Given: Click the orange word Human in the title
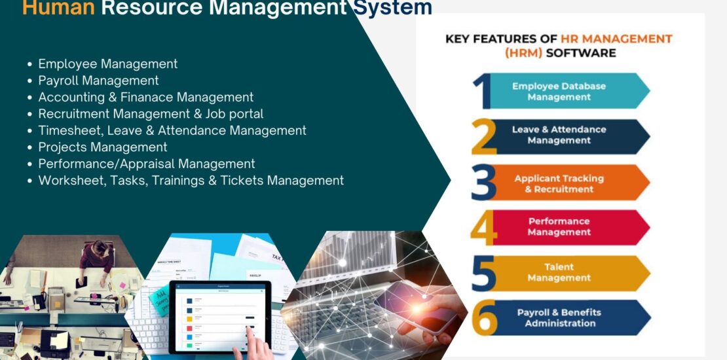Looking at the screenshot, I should pyautogui.click(x=58, y=8).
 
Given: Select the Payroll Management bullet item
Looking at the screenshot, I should pyautogui.click(x=98, y=81).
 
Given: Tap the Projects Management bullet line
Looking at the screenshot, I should pyautogui.click(x=103, y=147).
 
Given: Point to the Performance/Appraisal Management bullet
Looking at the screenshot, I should pyautogui.click(x=147, y=164).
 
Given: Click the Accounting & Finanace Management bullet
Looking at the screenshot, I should pyautogui.click(x=145, y=98).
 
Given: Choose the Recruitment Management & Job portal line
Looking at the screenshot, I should pyautogui.click(x=151, y=114).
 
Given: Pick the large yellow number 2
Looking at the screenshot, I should pyautogui.click(x=484, y=137).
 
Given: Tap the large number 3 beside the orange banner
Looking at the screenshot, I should pyautogui.click(x=483, y=183).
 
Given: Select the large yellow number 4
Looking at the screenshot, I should pyautogui.click(x=483, y=228).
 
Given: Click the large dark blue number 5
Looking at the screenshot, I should pyautogui.click(x=483, y=274).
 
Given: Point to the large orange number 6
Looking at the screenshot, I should pyautogui.click(x=484, y=319).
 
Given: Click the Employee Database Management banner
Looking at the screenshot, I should pyautogui.click(x=563, y=92).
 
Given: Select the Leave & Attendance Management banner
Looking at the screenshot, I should pyautogui.click(x=563, y=135).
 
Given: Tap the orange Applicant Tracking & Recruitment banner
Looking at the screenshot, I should pyautogui.click(x=563, y=183).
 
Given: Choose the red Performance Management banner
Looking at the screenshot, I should pyautogui.click(x=563, y=226).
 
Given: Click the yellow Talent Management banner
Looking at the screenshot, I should pyautogui.click(x=563, y=272).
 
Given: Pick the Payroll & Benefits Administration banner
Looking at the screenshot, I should pyautogui.click(x=563, y=317).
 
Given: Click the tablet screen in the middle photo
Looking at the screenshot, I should pyautogui.click(x=219, y=315).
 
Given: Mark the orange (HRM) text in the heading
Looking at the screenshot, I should pyautogui.click(x=523, y=53).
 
